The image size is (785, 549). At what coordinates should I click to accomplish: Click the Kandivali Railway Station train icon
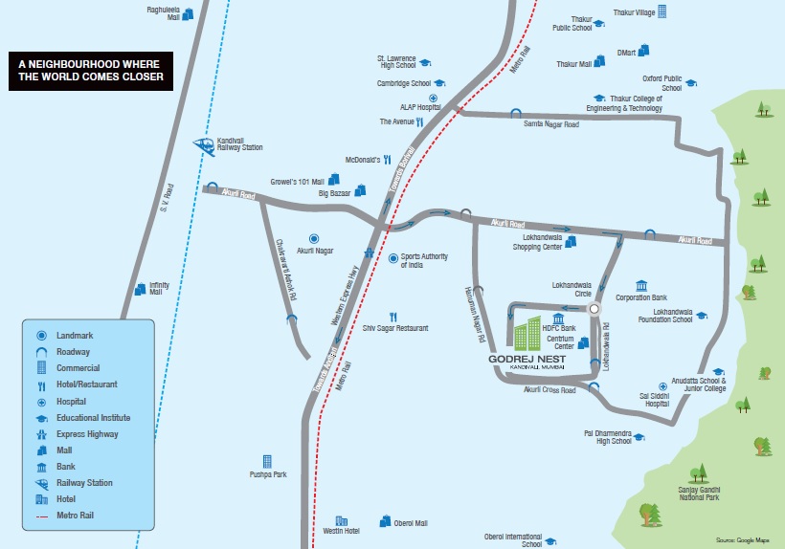pos(204,146)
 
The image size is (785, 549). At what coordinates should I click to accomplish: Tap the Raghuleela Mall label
pos(163,13)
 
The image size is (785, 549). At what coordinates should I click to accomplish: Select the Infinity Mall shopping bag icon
pos(141,289)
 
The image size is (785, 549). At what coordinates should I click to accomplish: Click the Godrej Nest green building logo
pos(527,333)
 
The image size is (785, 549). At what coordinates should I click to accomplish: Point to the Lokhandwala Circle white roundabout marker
pos(594,309)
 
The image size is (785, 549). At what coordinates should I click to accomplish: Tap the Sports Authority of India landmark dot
pos(393,258)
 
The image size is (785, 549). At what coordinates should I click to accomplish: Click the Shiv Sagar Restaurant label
pos(395,328)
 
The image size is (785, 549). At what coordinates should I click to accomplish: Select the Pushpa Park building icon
pos(267,462)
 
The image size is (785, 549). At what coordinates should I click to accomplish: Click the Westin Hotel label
pos(342,531)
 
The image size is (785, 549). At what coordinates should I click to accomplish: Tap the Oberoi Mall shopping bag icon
pos(386,521)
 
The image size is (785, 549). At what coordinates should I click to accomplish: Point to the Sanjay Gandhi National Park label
pos(700,494)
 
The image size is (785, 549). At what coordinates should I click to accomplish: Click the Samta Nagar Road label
pos(551,124)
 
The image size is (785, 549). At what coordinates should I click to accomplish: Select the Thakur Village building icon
pos(662,11)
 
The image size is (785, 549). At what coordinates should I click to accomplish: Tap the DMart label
pos(626,53)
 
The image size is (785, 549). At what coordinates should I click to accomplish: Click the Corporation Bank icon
pos(641,286)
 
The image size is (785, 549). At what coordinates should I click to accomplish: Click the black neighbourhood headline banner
pos(91,71)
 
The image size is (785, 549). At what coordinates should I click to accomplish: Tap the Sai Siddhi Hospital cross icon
pos(662,386)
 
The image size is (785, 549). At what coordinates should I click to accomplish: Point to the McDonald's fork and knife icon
pos(388,160)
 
